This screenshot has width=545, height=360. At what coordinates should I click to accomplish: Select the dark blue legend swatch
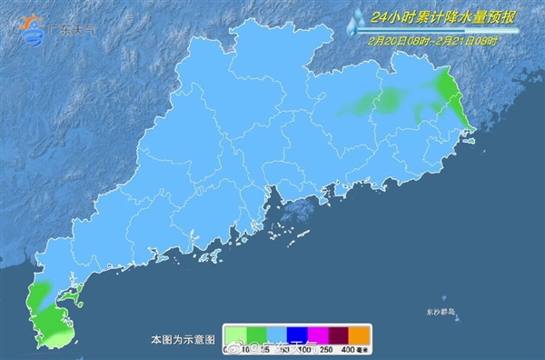click(x=298, y=335)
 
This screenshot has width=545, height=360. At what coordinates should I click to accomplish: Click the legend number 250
click(x=330, y=349)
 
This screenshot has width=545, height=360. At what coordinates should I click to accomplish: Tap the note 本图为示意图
click(x=183, y=339)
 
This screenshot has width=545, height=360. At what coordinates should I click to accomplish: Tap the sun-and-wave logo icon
click(x=32, y=28)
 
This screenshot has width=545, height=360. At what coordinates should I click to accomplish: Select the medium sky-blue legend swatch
click(x=277, y=335)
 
